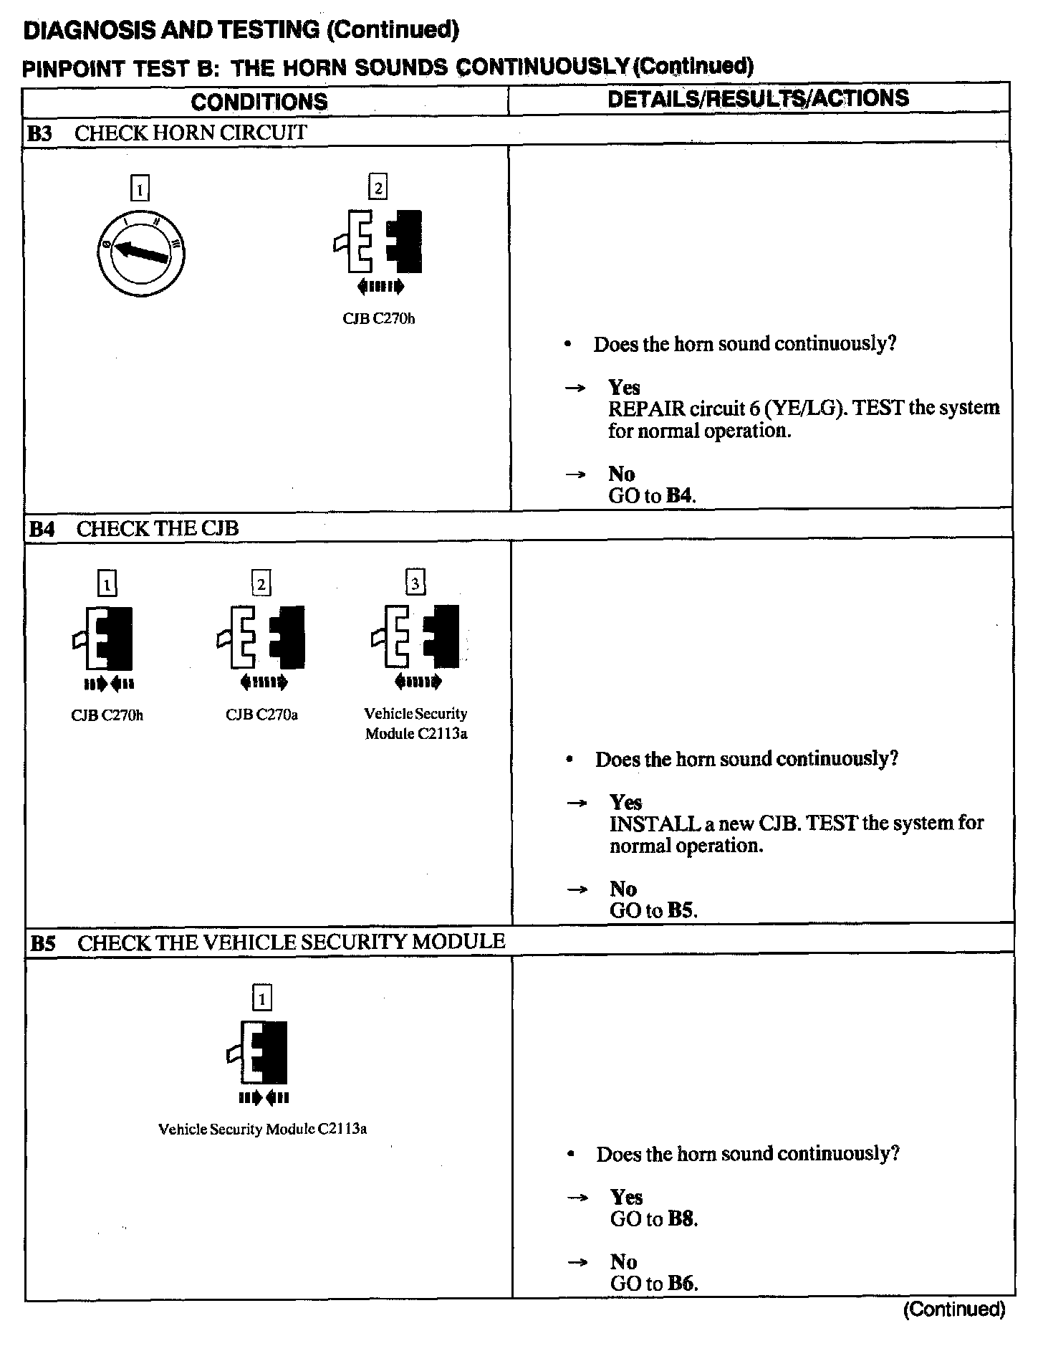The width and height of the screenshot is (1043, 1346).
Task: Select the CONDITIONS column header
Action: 259,101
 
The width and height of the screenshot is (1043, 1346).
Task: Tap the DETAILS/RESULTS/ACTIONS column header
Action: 758,98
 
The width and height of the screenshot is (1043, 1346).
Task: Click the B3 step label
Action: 40,133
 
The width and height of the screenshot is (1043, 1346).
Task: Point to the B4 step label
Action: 42,529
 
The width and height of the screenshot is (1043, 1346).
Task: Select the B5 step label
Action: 42,942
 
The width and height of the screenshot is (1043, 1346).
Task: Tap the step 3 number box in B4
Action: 415,583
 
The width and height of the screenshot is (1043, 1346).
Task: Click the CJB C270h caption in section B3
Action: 378,318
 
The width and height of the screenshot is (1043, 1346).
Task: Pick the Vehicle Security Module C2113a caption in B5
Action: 262,1129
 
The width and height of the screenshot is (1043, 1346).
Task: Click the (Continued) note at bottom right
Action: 954,1309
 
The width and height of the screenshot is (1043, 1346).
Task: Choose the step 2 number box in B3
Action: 378,188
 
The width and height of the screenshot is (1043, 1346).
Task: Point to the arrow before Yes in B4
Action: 577,803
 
